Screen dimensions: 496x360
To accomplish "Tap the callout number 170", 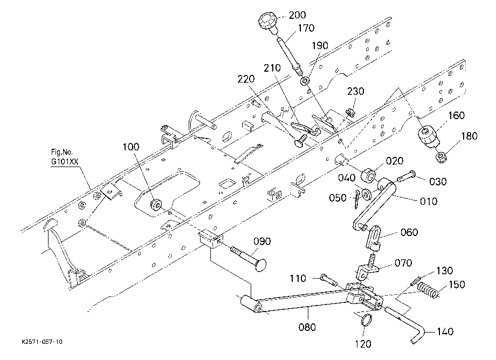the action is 306,28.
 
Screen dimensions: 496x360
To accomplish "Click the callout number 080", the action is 307,327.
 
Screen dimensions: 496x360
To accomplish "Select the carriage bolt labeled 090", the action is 249,257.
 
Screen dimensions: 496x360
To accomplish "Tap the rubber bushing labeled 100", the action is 156,205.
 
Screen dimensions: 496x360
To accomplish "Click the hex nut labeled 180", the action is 440,157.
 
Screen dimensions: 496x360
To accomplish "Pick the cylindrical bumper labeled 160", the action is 427,136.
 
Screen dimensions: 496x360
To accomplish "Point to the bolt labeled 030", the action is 406,176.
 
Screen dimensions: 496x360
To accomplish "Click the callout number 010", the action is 429,201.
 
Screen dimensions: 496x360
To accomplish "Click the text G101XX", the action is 65,162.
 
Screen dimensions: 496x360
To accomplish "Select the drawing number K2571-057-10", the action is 42,342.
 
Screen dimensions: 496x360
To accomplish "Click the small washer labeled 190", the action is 305,81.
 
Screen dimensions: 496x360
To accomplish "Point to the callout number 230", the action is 355,91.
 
